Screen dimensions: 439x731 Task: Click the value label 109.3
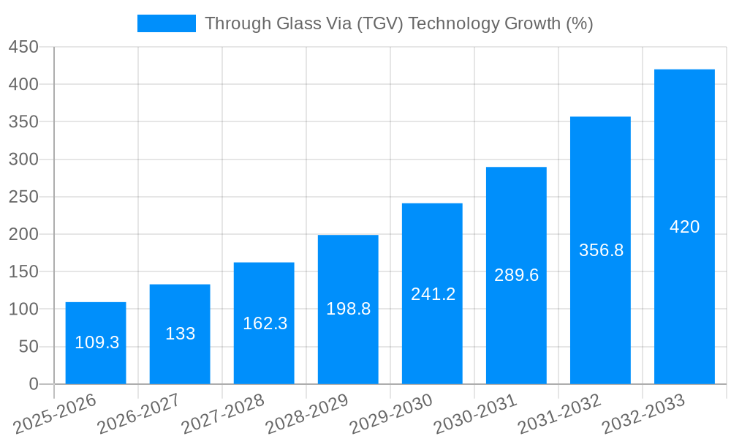pos(96,342)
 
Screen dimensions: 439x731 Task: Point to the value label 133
pos(180,334)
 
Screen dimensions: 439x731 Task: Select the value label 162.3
pos(265,323)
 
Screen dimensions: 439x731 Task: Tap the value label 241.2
pos(433,294)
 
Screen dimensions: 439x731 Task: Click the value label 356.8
pos(601,250)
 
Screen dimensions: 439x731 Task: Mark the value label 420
pos(684,227)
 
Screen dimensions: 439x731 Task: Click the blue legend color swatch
pos(167,23)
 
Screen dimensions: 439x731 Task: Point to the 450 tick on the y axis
pos(23,47)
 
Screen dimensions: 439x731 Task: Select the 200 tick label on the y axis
pos(23,234)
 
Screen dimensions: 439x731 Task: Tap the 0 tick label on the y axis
pos(34,384)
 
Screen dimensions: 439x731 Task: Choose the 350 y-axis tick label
pos(23,121)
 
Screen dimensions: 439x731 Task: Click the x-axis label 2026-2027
pos(139,414)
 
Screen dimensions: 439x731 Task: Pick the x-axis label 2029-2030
pos(391,414)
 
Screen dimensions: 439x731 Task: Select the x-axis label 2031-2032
pos(559,414)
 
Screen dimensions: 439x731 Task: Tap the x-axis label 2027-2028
pos(223,414)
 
